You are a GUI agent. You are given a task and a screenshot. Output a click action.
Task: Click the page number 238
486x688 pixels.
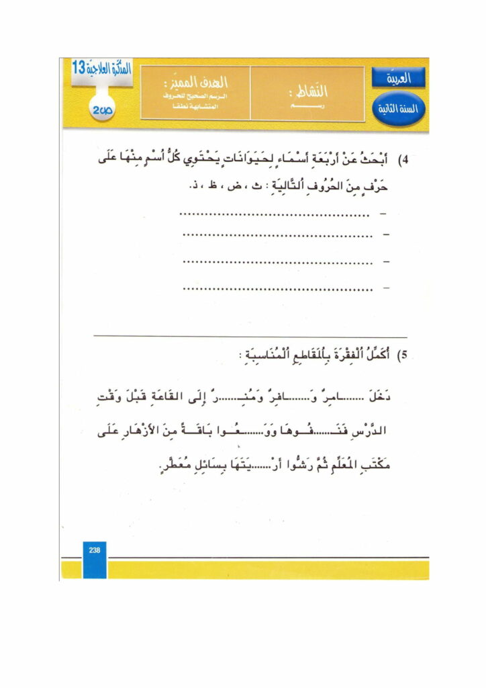(x=94, y=550)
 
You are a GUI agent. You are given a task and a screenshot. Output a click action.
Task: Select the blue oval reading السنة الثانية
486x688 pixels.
(x=398, y=108)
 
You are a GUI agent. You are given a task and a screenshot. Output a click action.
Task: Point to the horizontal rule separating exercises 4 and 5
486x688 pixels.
(x=250, y=336)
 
